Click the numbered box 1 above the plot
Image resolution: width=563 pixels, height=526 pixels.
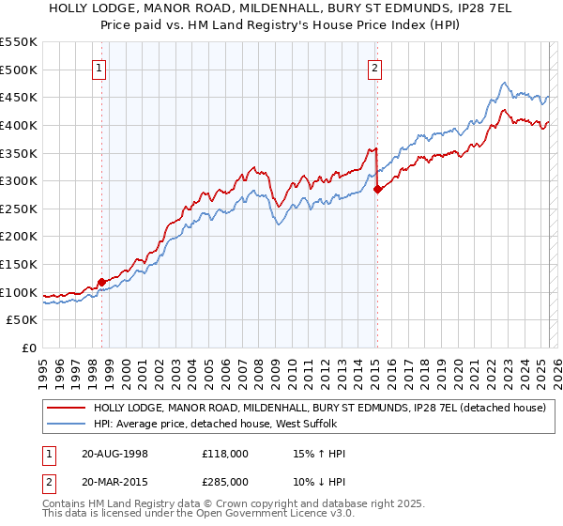coord(99,67)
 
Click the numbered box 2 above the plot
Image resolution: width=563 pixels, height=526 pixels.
coord(374,67)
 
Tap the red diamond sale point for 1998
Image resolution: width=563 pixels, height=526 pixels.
coord(101,282)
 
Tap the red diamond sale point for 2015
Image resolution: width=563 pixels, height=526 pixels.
coord(377,189)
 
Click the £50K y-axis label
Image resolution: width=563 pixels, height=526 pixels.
coord(23,320)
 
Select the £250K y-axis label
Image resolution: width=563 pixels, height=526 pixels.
coord(19,209)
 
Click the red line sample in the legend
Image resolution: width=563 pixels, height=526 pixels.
coord(66,409)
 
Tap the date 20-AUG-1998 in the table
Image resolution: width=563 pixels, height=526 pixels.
coord(114,454)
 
